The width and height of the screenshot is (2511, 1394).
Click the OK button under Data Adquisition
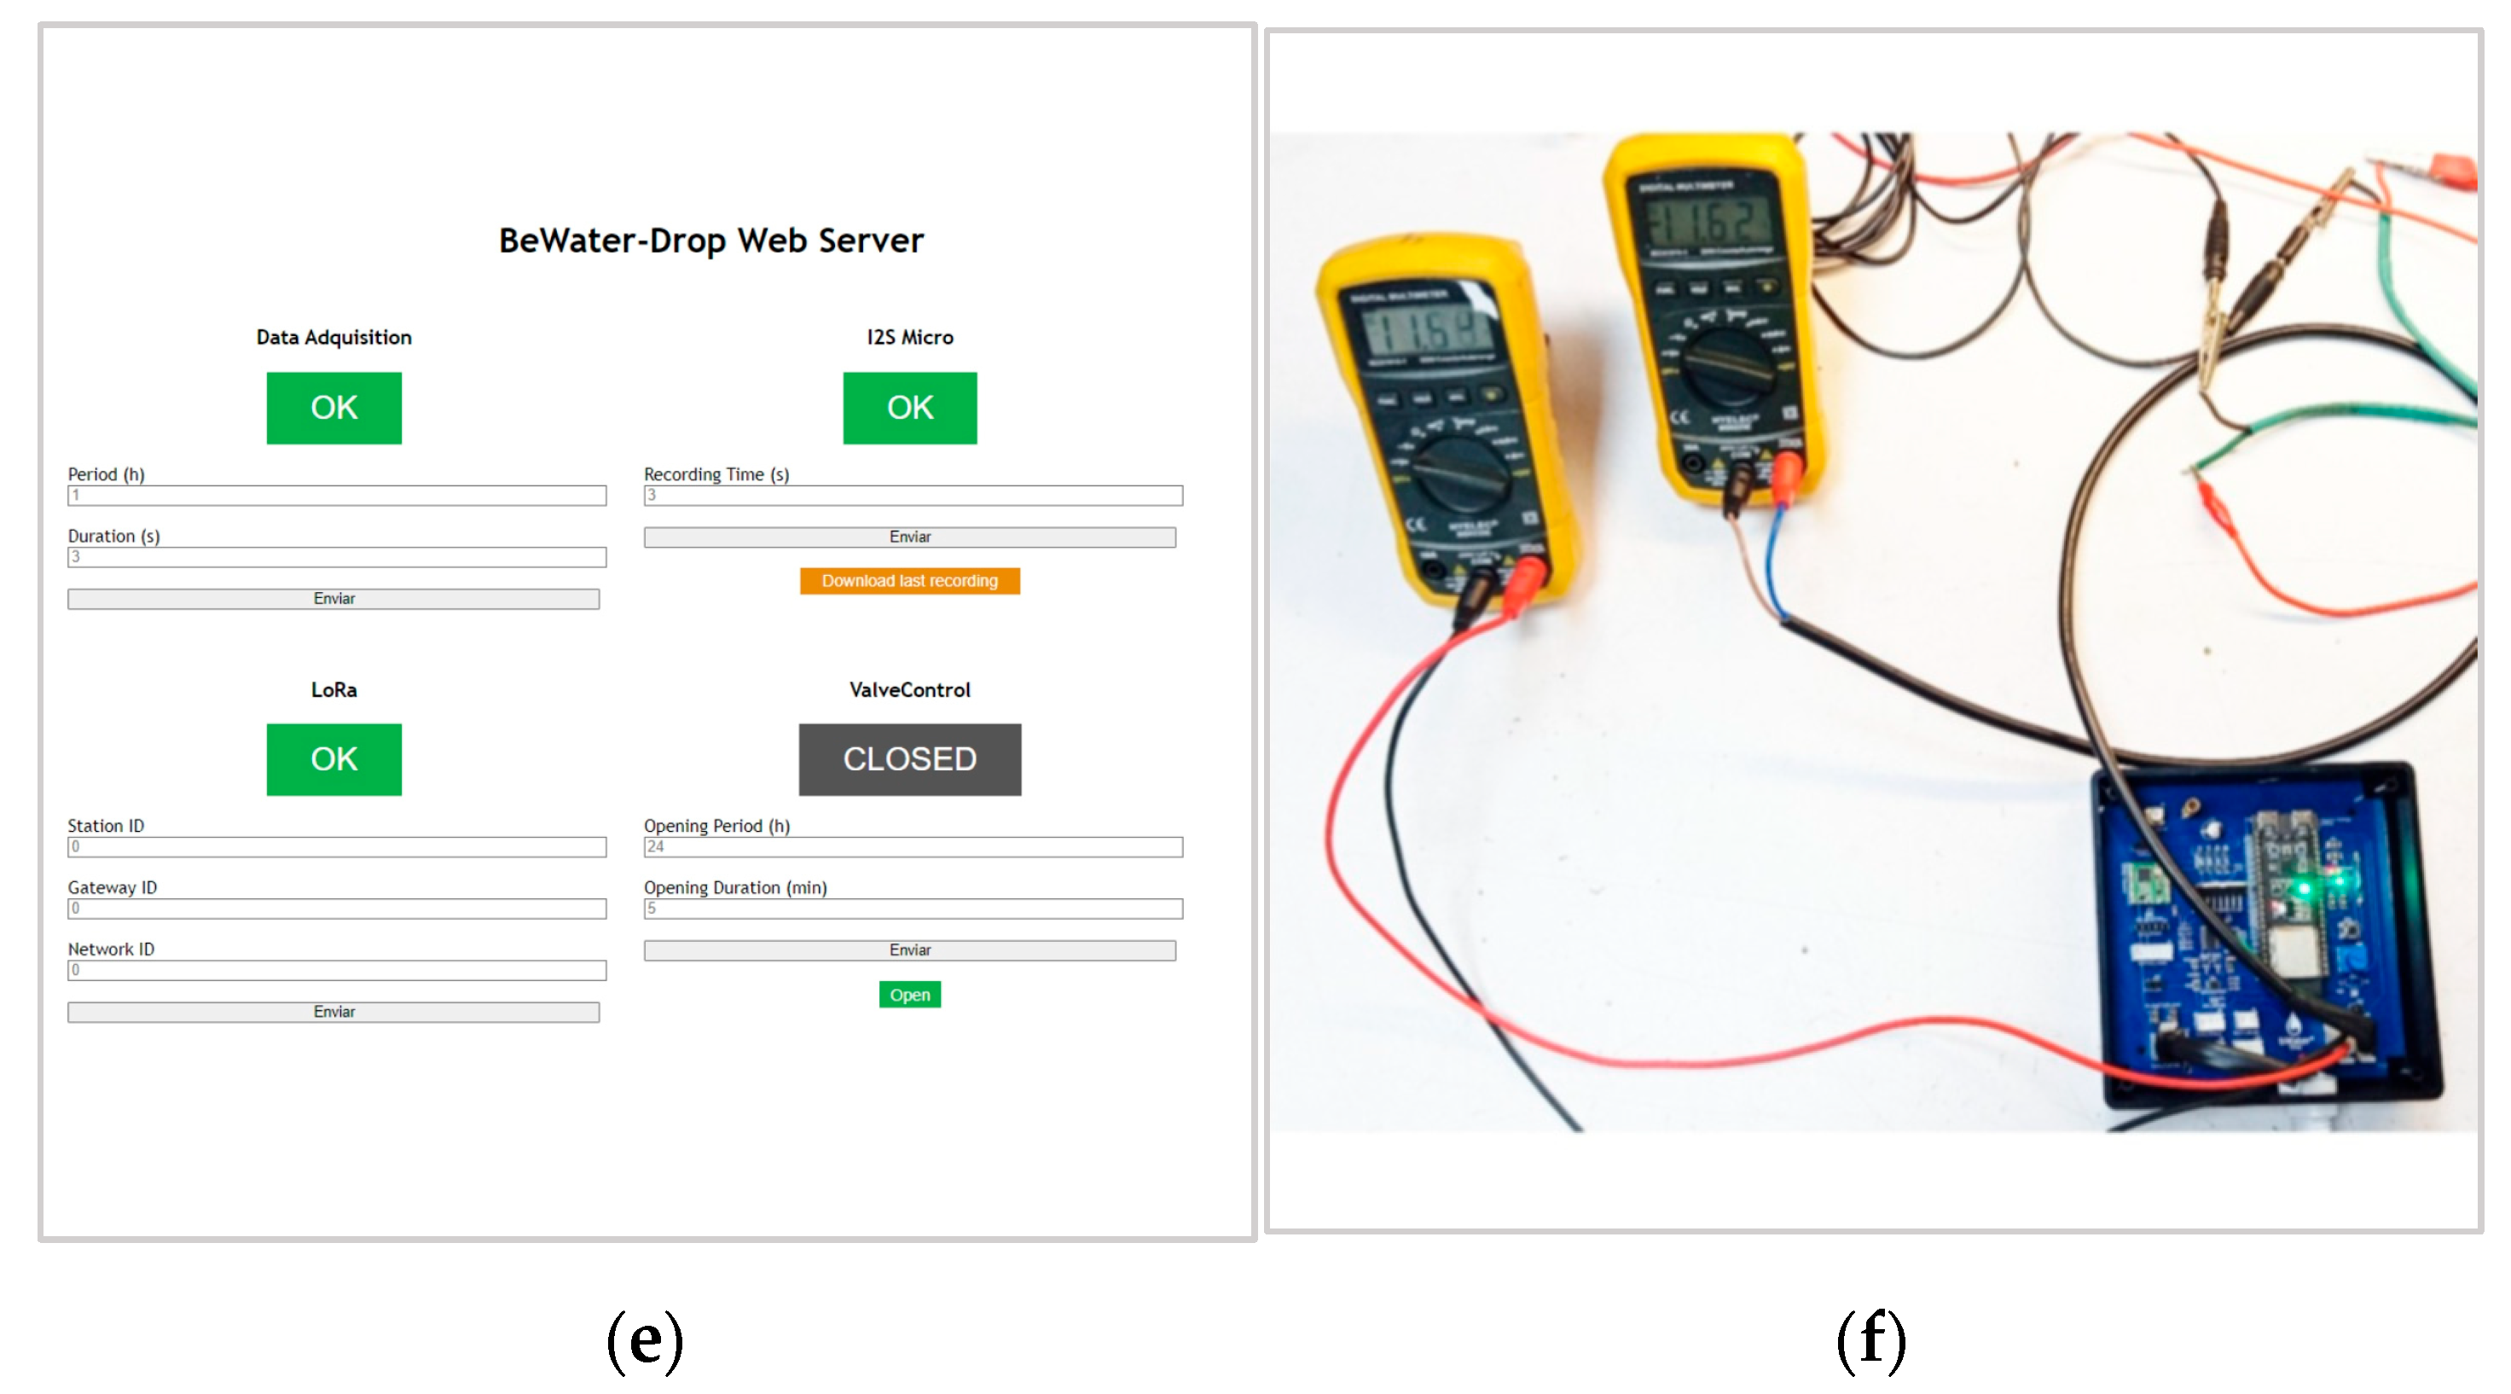333,408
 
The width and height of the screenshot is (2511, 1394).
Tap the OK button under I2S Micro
909,408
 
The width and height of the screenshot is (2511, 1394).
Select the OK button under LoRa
333,758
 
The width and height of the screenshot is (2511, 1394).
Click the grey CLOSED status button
909,758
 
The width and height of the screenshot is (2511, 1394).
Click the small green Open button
909,995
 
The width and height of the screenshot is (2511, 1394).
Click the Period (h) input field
336,495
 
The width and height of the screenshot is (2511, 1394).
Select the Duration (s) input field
336,556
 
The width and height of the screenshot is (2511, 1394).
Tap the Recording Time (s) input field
913,495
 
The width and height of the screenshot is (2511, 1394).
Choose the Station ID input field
336,846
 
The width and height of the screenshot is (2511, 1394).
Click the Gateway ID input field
336,909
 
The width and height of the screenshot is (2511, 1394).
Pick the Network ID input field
336,970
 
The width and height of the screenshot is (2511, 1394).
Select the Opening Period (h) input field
913,846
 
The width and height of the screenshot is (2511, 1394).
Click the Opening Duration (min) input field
913,909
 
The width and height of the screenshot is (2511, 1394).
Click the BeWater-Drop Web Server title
710,240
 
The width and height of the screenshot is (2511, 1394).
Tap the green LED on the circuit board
2305,887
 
